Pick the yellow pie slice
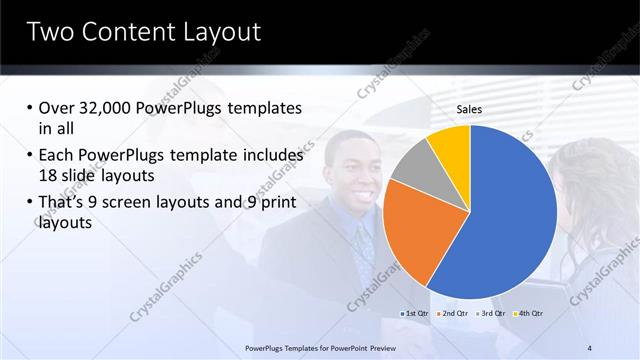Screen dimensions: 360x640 (x=451, y=145)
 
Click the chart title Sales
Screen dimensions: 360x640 (x=470, y=109)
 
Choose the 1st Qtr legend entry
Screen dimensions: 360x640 (x=417, y=314)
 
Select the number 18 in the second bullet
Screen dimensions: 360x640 (x=49, y=174)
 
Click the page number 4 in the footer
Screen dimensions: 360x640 (x=589, y=347)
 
